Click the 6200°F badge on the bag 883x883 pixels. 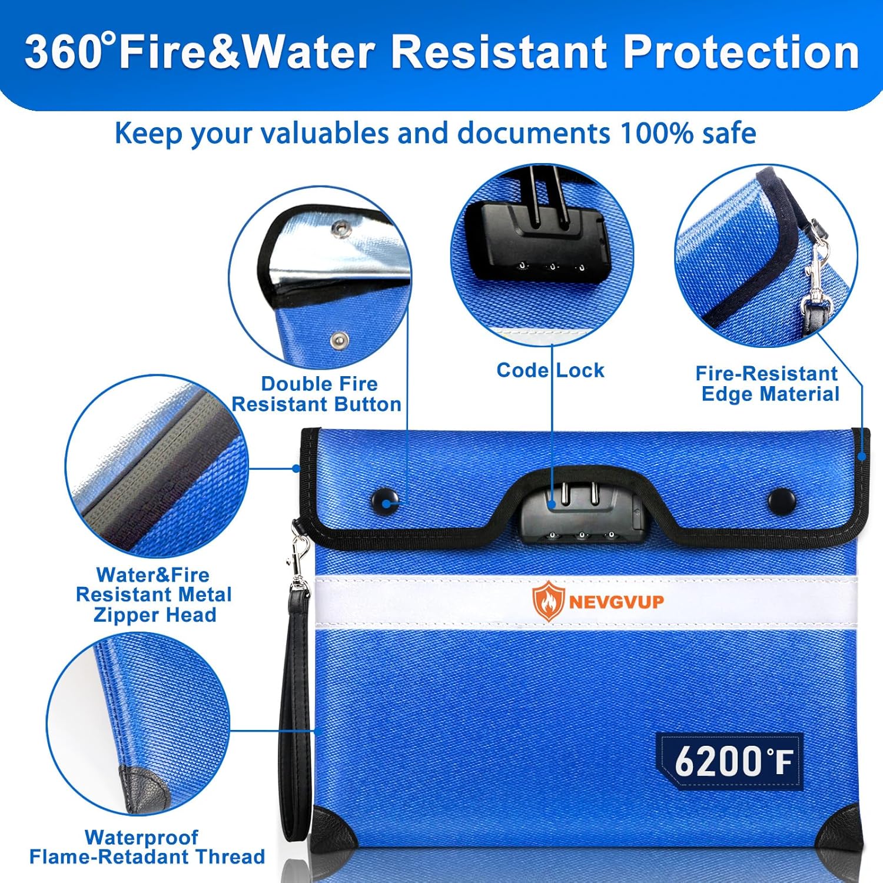click(x=730, y=761)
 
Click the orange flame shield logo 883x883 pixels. click(x=548, y=601)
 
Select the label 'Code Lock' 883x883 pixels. click(x=550, y=370)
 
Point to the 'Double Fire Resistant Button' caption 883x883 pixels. click(x=317, y=394)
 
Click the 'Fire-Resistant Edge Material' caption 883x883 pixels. click(x=768, y=383)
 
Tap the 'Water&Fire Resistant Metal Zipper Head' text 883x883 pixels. click(x=154, y=595)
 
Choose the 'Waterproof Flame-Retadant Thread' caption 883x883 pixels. click(x=147, y=847)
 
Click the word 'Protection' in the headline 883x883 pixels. click(x=741, y=52)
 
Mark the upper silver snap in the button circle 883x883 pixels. click(x=339, y=230)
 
